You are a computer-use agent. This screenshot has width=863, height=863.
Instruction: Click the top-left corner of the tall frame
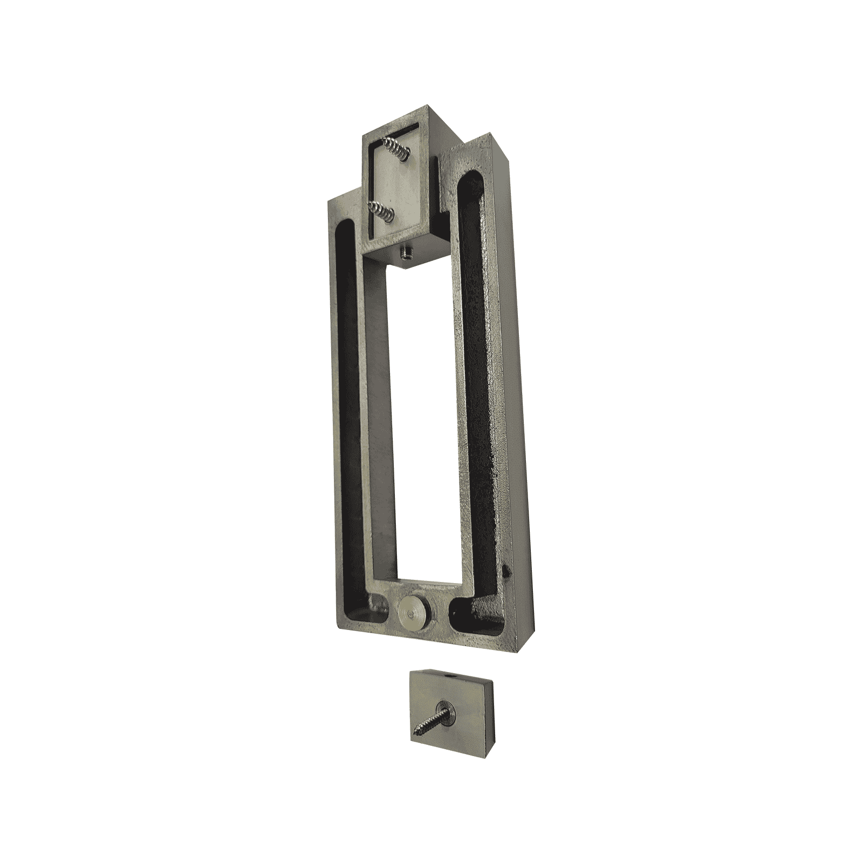click(330, 201)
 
